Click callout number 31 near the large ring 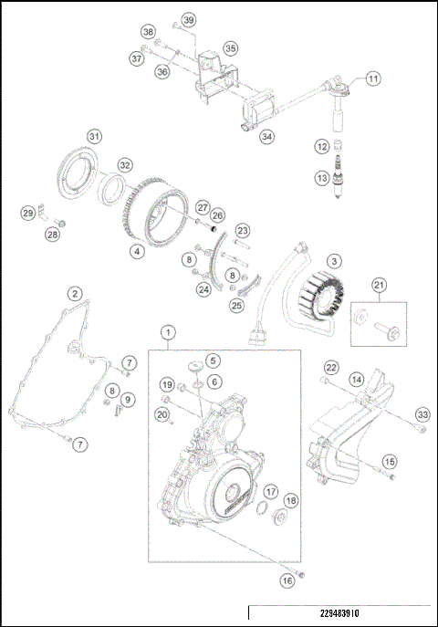tap(92, 136)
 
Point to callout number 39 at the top tap(188, 20)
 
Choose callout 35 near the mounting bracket tap(230, 47)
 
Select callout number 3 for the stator tap(335, 261)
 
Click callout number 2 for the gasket tap(74, 294)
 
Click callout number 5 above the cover tap(212, 361)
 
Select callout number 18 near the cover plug tap(291, 501)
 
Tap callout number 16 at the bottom tap(288, 580)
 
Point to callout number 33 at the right tap(421, 415)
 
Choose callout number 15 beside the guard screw tap(390, 462)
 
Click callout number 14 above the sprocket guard tap(357, 378)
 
